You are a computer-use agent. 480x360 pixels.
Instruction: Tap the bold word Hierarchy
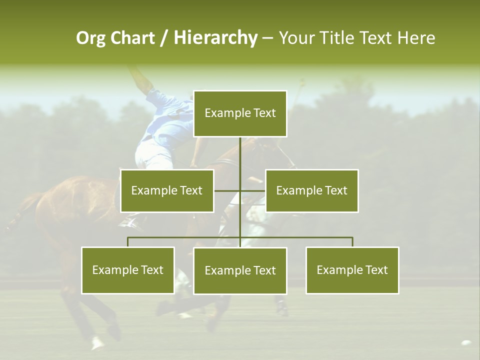pos(215,38)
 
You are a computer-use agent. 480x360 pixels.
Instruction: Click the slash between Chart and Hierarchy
pos(164,38)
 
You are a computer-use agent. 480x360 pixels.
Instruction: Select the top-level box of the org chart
pos(240,113)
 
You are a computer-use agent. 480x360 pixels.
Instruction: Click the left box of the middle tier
pos(167,190)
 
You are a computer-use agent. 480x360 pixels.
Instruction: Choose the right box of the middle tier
pos(311,190)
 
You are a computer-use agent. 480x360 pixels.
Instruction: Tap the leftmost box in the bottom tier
pos(128,270)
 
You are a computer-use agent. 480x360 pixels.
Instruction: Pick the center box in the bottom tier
pos(240,270)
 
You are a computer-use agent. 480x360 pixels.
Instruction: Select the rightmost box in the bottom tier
pos(352,270)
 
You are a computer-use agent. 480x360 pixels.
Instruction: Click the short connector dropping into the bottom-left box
pos(128,242)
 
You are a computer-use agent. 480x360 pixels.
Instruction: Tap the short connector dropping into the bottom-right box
pos(352,242)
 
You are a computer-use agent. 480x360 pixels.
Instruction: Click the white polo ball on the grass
pos(466,343)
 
